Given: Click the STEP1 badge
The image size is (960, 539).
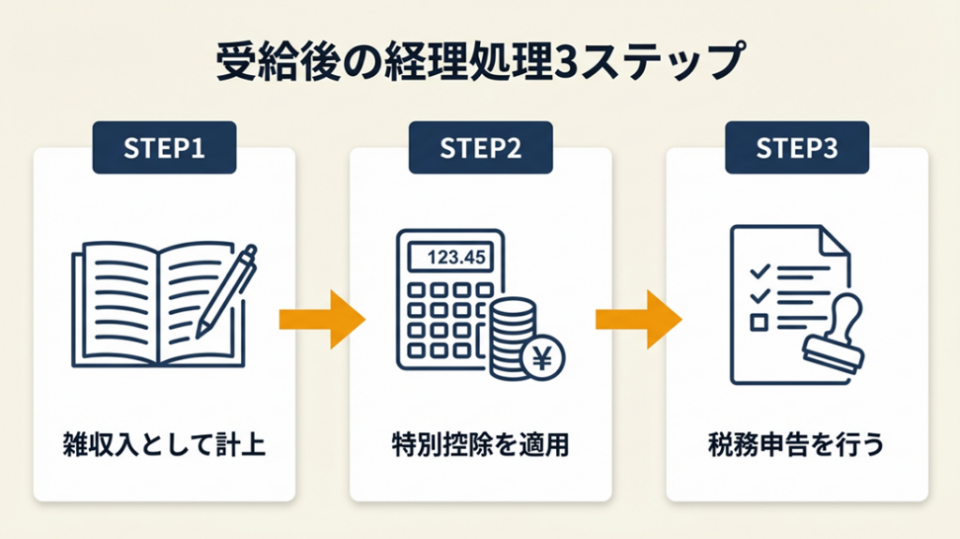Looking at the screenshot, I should tap(165, 148).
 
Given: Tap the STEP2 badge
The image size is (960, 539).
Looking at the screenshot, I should tap(480, 148).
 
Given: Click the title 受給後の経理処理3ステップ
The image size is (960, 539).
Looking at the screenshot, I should tap(479, 65).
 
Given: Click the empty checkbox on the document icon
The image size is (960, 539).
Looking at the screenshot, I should tap(759, 322).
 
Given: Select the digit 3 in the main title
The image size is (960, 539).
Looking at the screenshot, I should tap(571, 65).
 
